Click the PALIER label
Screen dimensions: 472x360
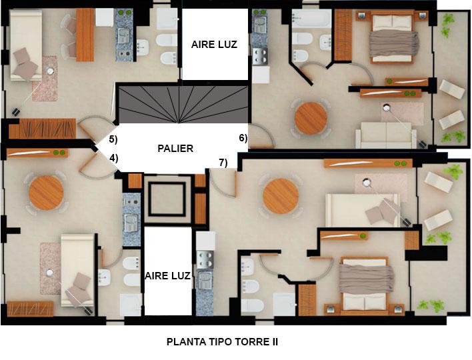click(175, 149)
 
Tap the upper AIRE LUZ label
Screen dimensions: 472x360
click(214, 45)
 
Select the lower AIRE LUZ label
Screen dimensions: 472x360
click(168, 276)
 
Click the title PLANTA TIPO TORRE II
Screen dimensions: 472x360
click(222, 342)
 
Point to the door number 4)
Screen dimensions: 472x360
click(113, 158)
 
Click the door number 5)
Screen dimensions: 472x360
click(113, 139)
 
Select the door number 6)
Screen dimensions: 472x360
click(243, 138)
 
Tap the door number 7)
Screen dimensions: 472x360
click(223, 163)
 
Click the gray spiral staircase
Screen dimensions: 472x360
click(183, 105)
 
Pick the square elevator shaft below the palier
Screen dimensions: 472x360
click(167, 199)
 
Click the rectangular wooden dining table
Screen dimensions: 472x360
click(85, 35)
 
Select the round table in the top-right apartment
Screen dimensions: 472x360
click(311, 118)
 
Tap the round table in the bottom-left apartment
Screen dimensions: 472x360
click(47, 193)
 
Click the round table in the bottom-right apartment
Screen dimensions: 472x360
click(281, 197)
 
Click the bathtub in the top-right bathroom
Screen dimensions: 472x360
click(311, 19)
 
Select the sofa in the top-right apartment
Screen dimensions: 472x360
click(386, 135)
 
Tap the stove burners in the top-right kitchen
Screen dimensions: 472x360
click(261, 56)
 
